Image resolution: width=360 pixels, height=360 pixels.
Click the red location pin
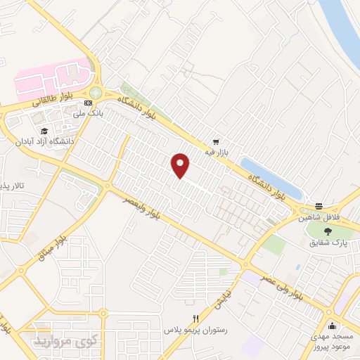(181, 165)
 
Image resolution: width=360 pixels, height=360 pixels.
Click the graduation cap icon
(44, 131)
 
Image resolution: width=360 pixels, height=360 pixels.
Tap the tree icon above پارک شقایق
(328, 231)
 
